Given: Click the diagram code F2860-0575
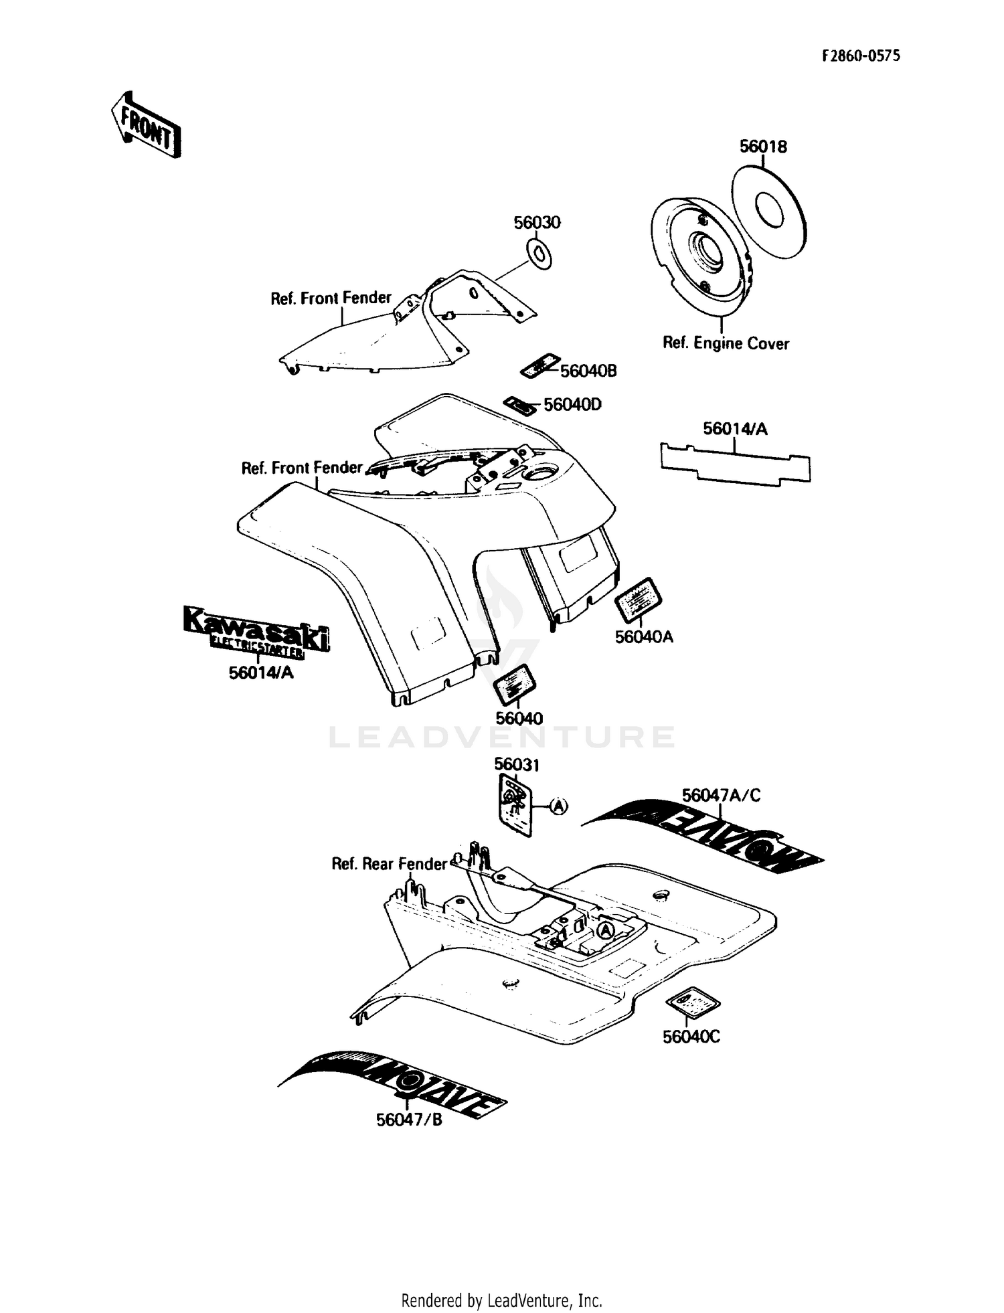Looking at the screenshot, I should [861, 56].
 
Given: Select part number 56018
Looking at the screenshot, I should [762, 147].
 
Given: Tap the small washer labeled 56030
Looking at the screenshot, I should [540, 254].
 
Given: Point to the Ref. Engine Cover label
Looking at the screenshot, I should [726, 343].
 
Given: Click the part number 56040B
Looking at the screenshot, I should [588, 371].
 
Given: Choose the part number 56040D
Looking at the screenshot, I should [572, 405].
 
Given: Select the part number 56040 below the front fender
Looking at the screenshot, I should [519, 718].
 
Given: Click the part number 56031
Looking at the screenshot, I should [517, 764].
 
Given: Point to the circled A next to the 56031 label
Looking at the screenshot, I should [559, 806].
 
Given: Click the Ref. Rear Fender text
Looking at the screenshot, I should [388, 864].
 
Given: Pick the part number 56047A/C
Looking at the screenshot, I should [721, 795].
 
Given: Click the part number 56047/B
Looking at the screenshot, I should [409, 1120].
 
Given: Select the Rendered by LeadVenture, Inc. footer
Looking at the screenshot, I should [501, 1300].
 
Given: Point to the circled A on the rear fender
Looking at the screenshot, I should [605, 930].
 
